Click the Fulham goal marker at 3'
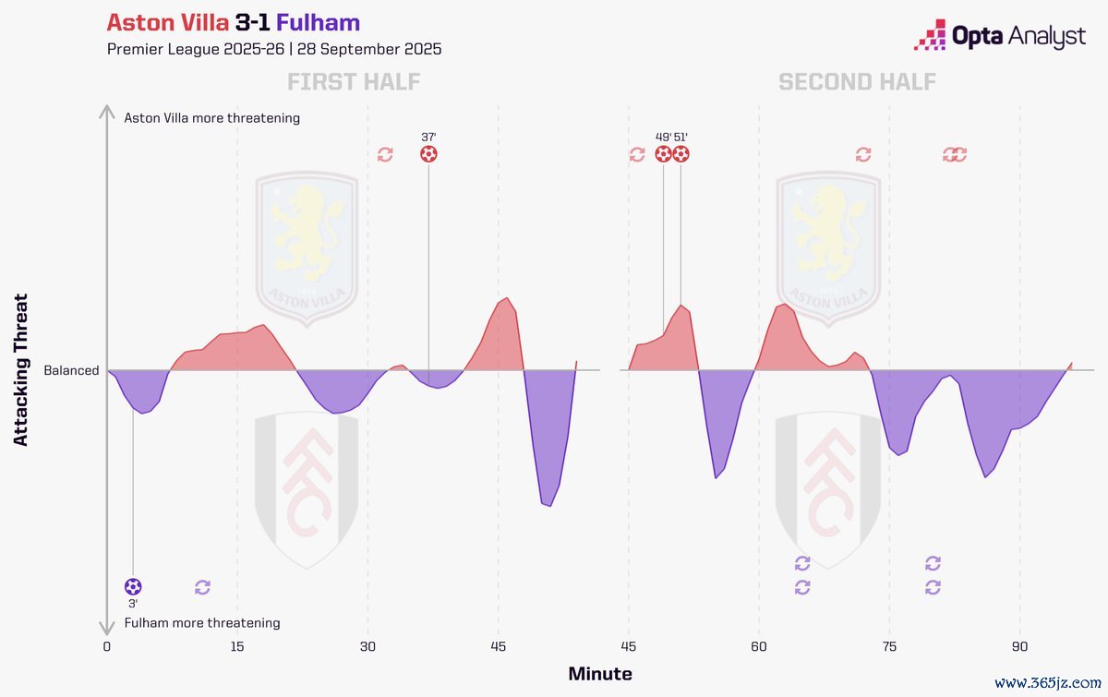133,586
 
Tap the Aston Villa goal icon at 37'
428,154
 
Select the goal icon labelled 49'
664,154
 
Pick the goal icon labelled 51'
681,154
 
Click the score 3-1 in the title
252,22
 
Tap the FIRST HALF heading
354,82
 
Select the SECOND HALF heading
857,82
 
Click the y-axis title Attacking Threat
21,369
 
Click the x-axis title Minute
600,674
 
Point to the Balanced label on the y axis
71,370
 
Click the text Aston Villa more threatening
211,118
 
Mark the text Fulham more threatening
201,623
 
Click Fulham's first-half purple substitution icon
203,587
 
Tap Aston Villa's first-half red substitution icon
385,154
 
